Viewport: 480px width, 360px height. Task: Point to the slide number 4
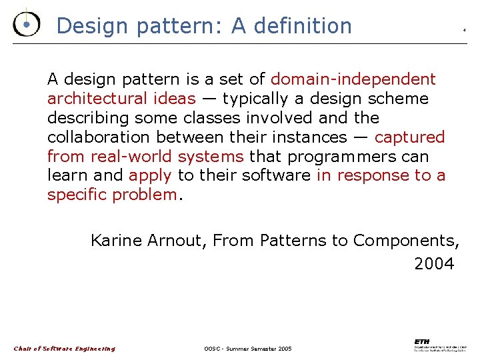464,30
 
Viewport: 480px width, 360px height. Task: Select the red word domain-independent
353,79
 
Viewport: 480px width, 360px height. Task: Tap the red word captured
409,137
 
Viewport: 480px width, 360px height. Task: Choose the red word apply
150,175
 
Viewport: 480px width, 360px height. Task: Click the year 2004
434,264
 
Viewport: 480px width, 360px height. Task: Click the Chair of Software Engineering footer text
65,349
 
